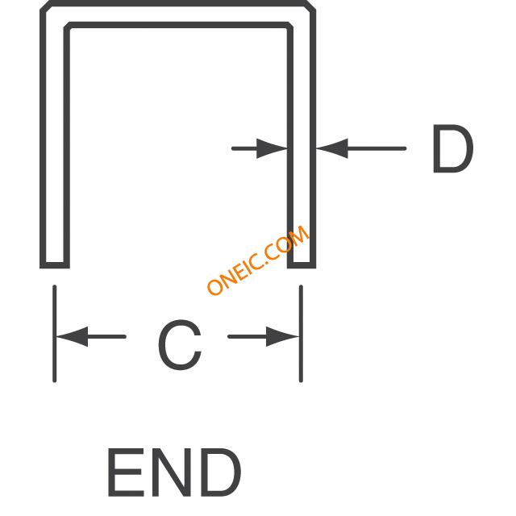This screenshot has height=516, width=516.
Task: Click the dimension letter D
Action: point(453,148)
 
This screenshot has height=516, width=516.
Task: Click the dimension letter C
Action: point(180,344)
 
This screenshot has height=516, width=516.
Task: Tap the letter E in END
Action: point(126,472)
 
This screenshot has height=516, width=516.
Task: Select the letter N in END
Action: point(171,472)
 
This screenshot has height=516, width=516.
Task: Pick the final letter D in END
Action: point(220,472)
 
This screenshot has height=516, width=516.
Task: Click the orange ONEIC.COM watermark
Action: point(258,260)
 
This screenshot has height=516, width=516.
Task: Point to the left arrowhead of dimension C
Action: point(73,337)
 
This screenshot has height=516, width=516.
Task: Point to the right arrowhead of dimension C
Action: point(282,336)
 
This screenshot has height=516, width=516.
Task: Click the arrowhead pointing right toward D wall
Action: point(272,148)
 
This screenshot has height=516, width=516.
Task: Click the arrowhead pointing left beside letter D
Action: point(332,148)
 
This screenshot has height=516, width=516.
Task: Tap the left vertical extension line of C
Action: point(54,334)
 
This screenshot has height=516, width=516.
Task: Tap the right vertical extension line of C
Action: point(301,334)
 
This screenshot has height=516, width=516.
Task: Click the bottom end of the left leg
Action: point(55,265)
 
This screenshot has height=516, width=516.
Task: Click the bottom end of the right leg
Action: point(302,265)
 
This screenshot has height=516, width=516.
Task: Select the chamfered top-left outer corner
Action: point(45,6)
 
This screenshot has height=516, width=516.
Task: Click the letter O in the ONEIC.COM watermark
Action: point(215,287)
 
